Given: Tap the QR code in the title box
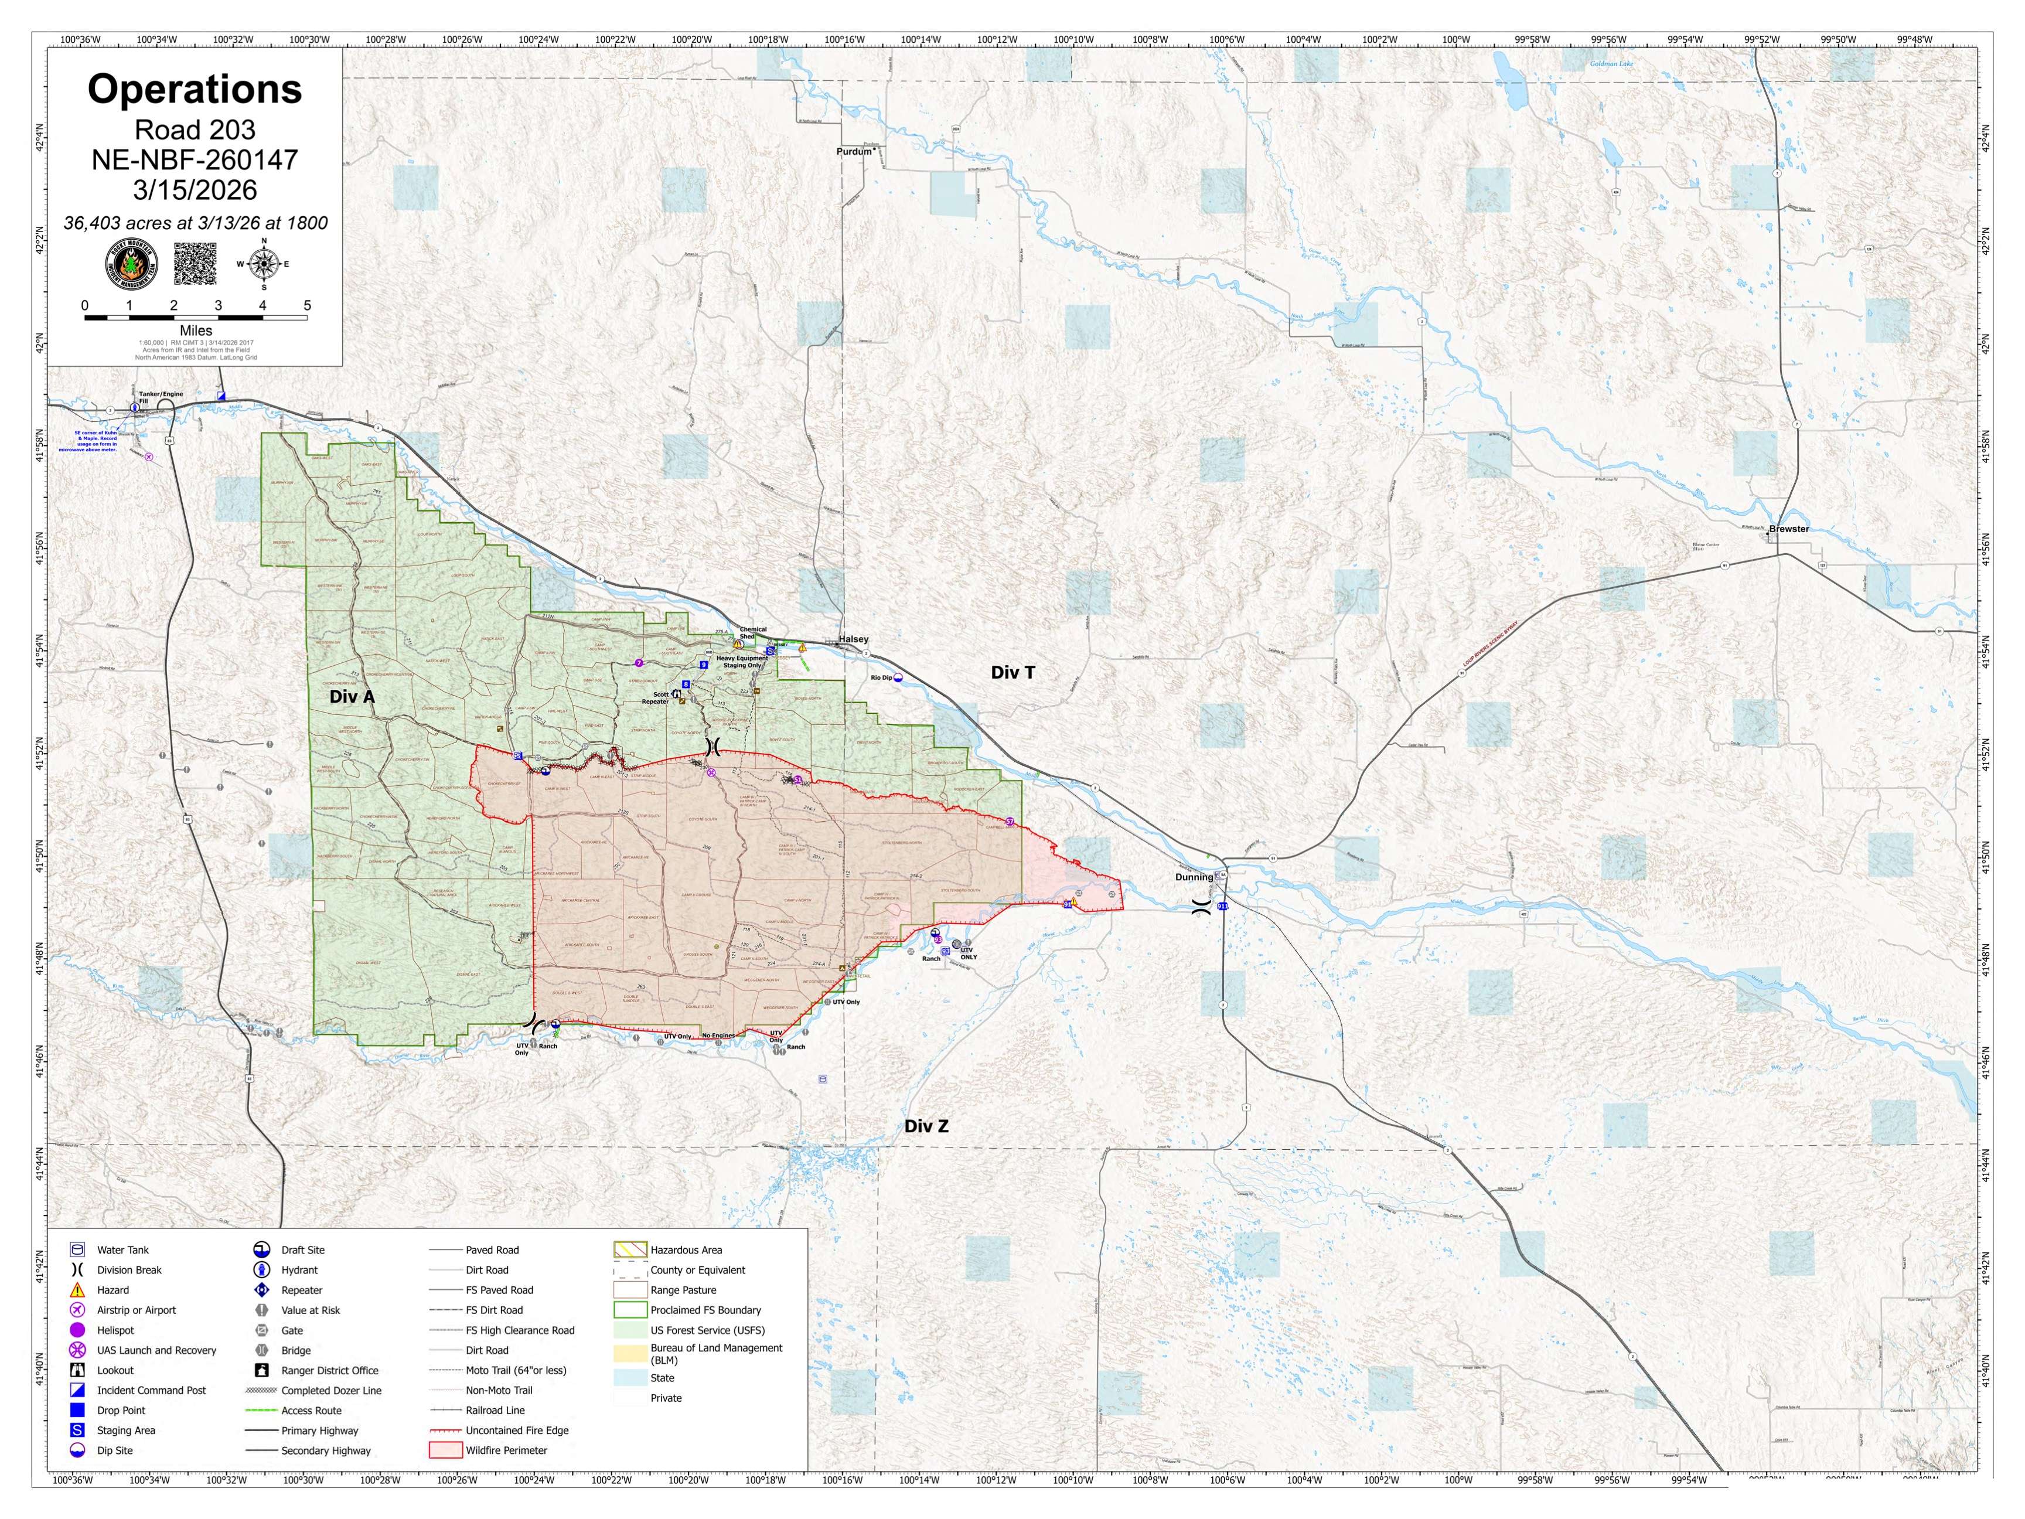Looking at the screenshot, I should pyautogui.click(x=195, y=264).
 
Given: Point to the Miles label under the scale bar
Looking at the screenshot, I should pyautogui.click(x=196, y=331).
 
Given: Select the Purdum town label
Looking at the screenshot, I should pyautogui.click(x=853, y=151).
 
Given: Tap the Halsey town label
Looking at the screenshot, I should pyautogui.click(x=853, y=639).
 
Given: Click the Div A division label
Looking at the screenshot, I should pyautogui.click(x=353, y=697).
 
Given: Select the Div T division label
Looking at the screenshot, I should pyautogui.click(x=1012, y=673).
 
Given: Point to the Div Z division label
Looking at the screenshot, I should pyautogui.click(x=926, y=1126).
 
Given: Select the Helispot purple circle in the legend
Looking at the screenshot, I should pyautogui.click(x=78, y=1330).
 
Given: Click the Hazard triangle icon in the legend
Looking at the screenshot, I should pyautogui.click(x=78, y=1290).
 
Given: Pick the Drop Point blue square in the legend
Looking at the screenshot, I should pyautogui.click(x=78, y=1410).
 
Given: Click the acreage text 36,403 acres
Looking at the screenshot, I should pyautogui.click(x=195, y=223).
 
